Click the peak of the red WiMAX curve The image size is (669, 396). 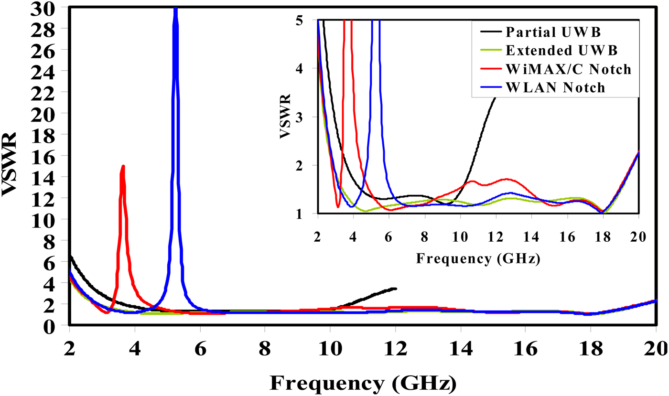point(123,166)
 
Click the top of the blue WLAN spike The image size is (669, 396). point(175,9)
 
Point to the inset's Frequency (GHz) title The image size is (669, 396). point(478,259)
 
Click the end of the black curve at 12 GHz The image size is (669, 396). point(395,289)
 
